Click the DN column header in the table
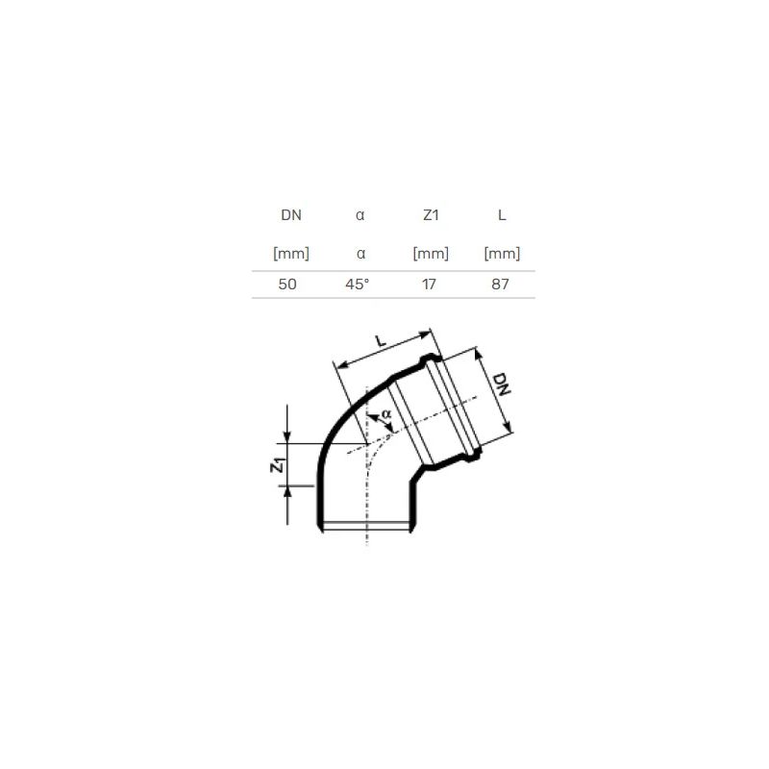pos(291,216)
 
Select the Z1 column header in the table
pos(430,216)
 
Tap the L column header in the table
pos(502,216)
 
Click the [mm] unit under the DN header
pos(291,254)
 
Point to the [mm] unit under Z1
pos(430,254)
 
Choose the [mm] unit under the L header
pos(502,254)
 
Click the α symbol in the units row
pos(360,255)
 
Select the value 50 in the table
pos(287,285)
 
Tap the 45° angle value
pos(358,285)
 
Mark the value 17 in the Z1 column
pos(430,285)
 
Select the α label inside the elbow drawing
pos(384,413)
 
